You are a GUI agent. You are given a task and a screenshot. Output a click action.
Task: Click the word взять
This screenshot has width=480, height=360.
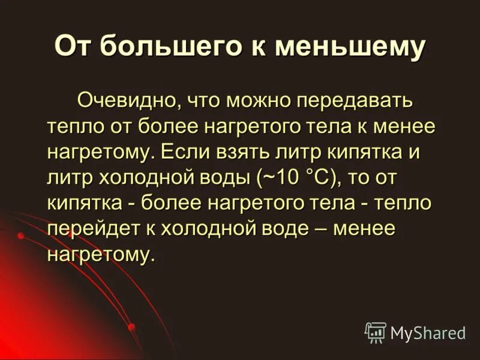(x=233, y=152)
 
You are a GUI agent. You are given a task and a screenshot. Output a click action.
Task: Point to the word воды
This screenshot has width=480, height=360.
(x=226, y=178)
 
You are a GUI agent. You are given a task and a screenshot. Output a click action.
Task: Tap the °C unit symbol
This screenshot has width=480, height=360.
(x=324, y=178)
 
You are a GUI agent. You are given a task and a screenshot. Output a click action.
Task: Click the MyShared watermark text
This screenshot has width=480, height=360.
(x=428, y=332)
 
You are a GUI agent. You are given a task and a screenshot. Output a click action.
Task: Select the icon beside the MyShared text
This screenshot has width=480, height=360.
(x=376, y=332)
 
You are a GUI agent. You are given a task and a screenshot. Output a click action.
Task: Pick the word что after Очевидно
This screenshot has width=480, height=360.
(x=205, y=100)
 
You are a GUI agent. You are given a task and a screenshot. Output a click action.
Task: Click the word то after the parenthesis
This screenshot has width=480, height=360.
(x=365, y=178)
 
